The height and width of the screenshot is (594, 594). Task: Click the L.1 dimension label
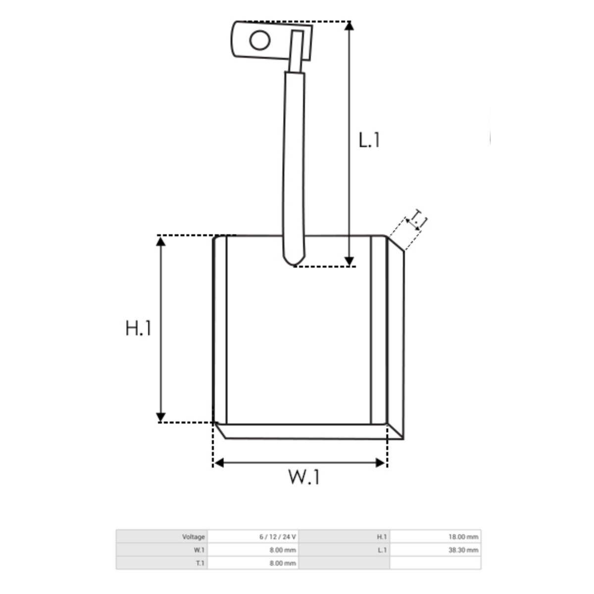(369, 140)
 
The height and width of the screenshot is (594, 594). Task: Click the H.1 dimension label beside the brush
(139, 328)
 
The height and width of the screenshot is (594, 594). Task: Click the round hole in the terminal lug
(259, 40)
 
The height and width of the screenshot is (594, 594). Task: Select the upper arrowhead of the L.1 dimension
(348, 26)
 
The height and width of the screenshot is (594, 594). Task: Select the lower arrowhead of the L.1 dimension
(348, 261)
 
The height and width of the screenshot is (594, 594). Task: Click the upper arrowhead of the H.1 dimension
(160, 242)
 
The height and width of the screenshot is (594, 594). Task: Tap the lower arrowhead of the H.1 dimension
(160, 417)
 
